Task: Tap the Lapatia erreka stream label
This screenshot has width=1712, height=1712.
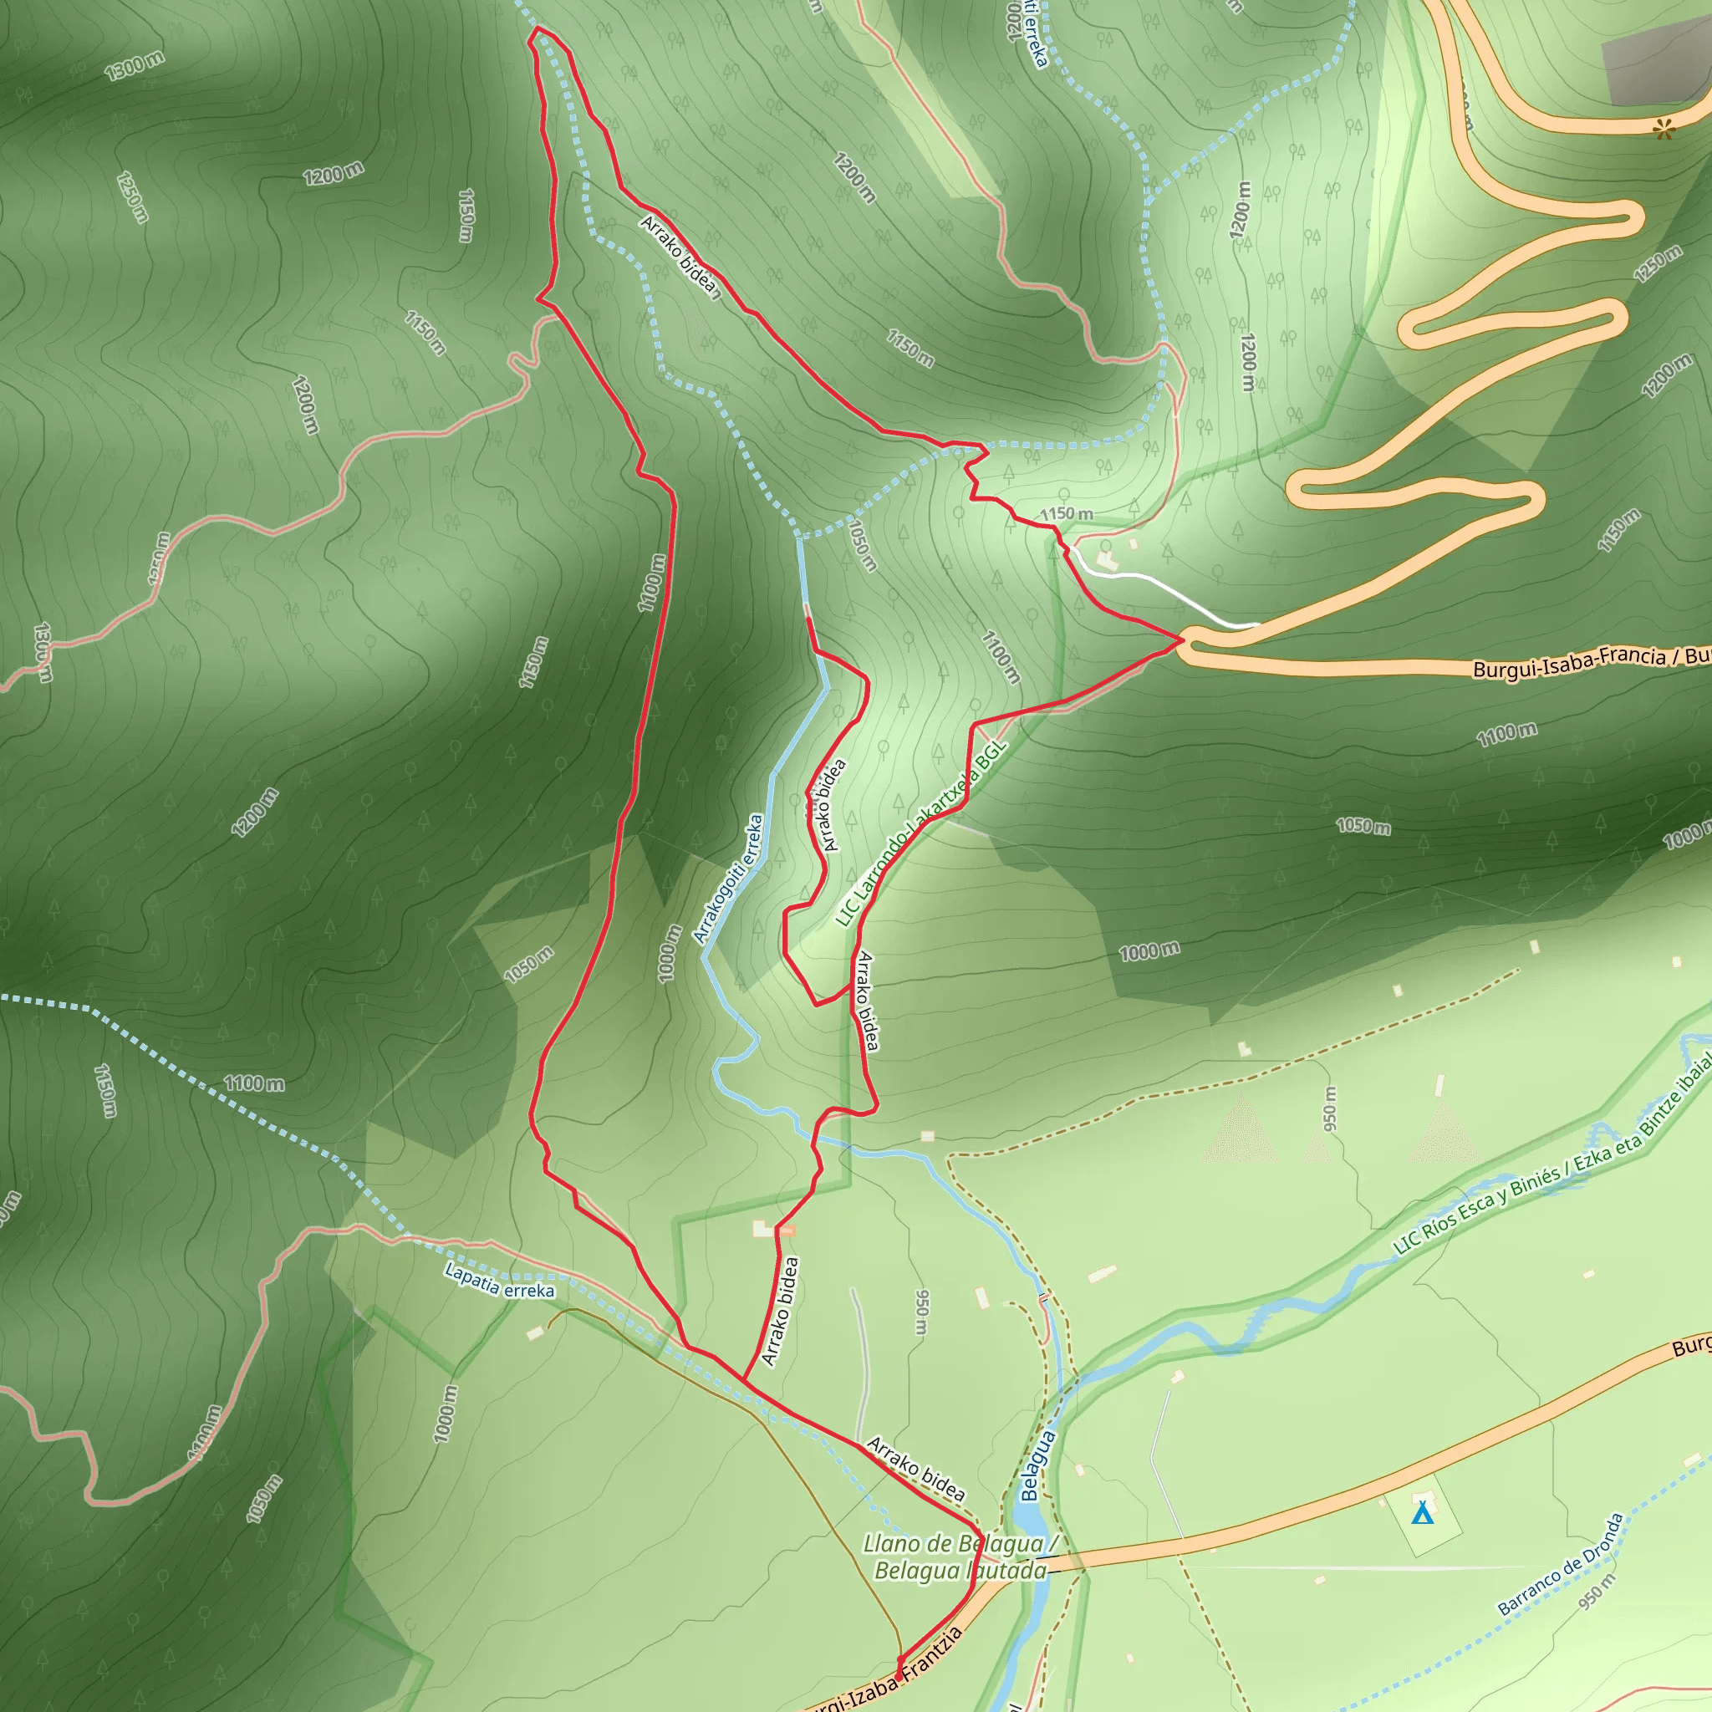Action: click(499, 1281)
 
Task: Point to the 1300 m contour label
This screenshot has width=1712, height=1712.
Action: click(135, 65)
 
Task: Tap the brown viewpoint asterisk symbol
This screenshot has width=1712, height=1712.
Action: click(1664, 131)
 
